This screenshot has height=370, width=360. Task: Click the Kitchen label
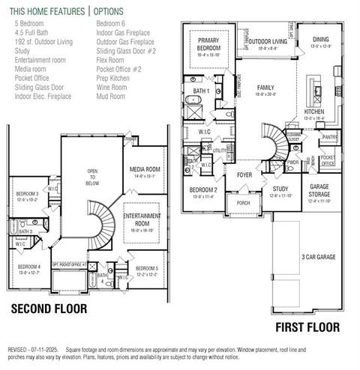314,112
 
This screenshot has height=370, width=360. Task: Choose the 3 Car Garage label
318,255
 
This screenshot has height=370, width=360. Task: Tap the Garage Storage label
319,191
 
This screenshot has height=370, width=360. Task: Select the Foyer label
245,175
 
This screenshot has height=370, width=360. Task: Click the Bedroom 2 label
203,189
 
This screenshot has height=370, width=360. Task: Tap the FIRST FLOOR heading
307,327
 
